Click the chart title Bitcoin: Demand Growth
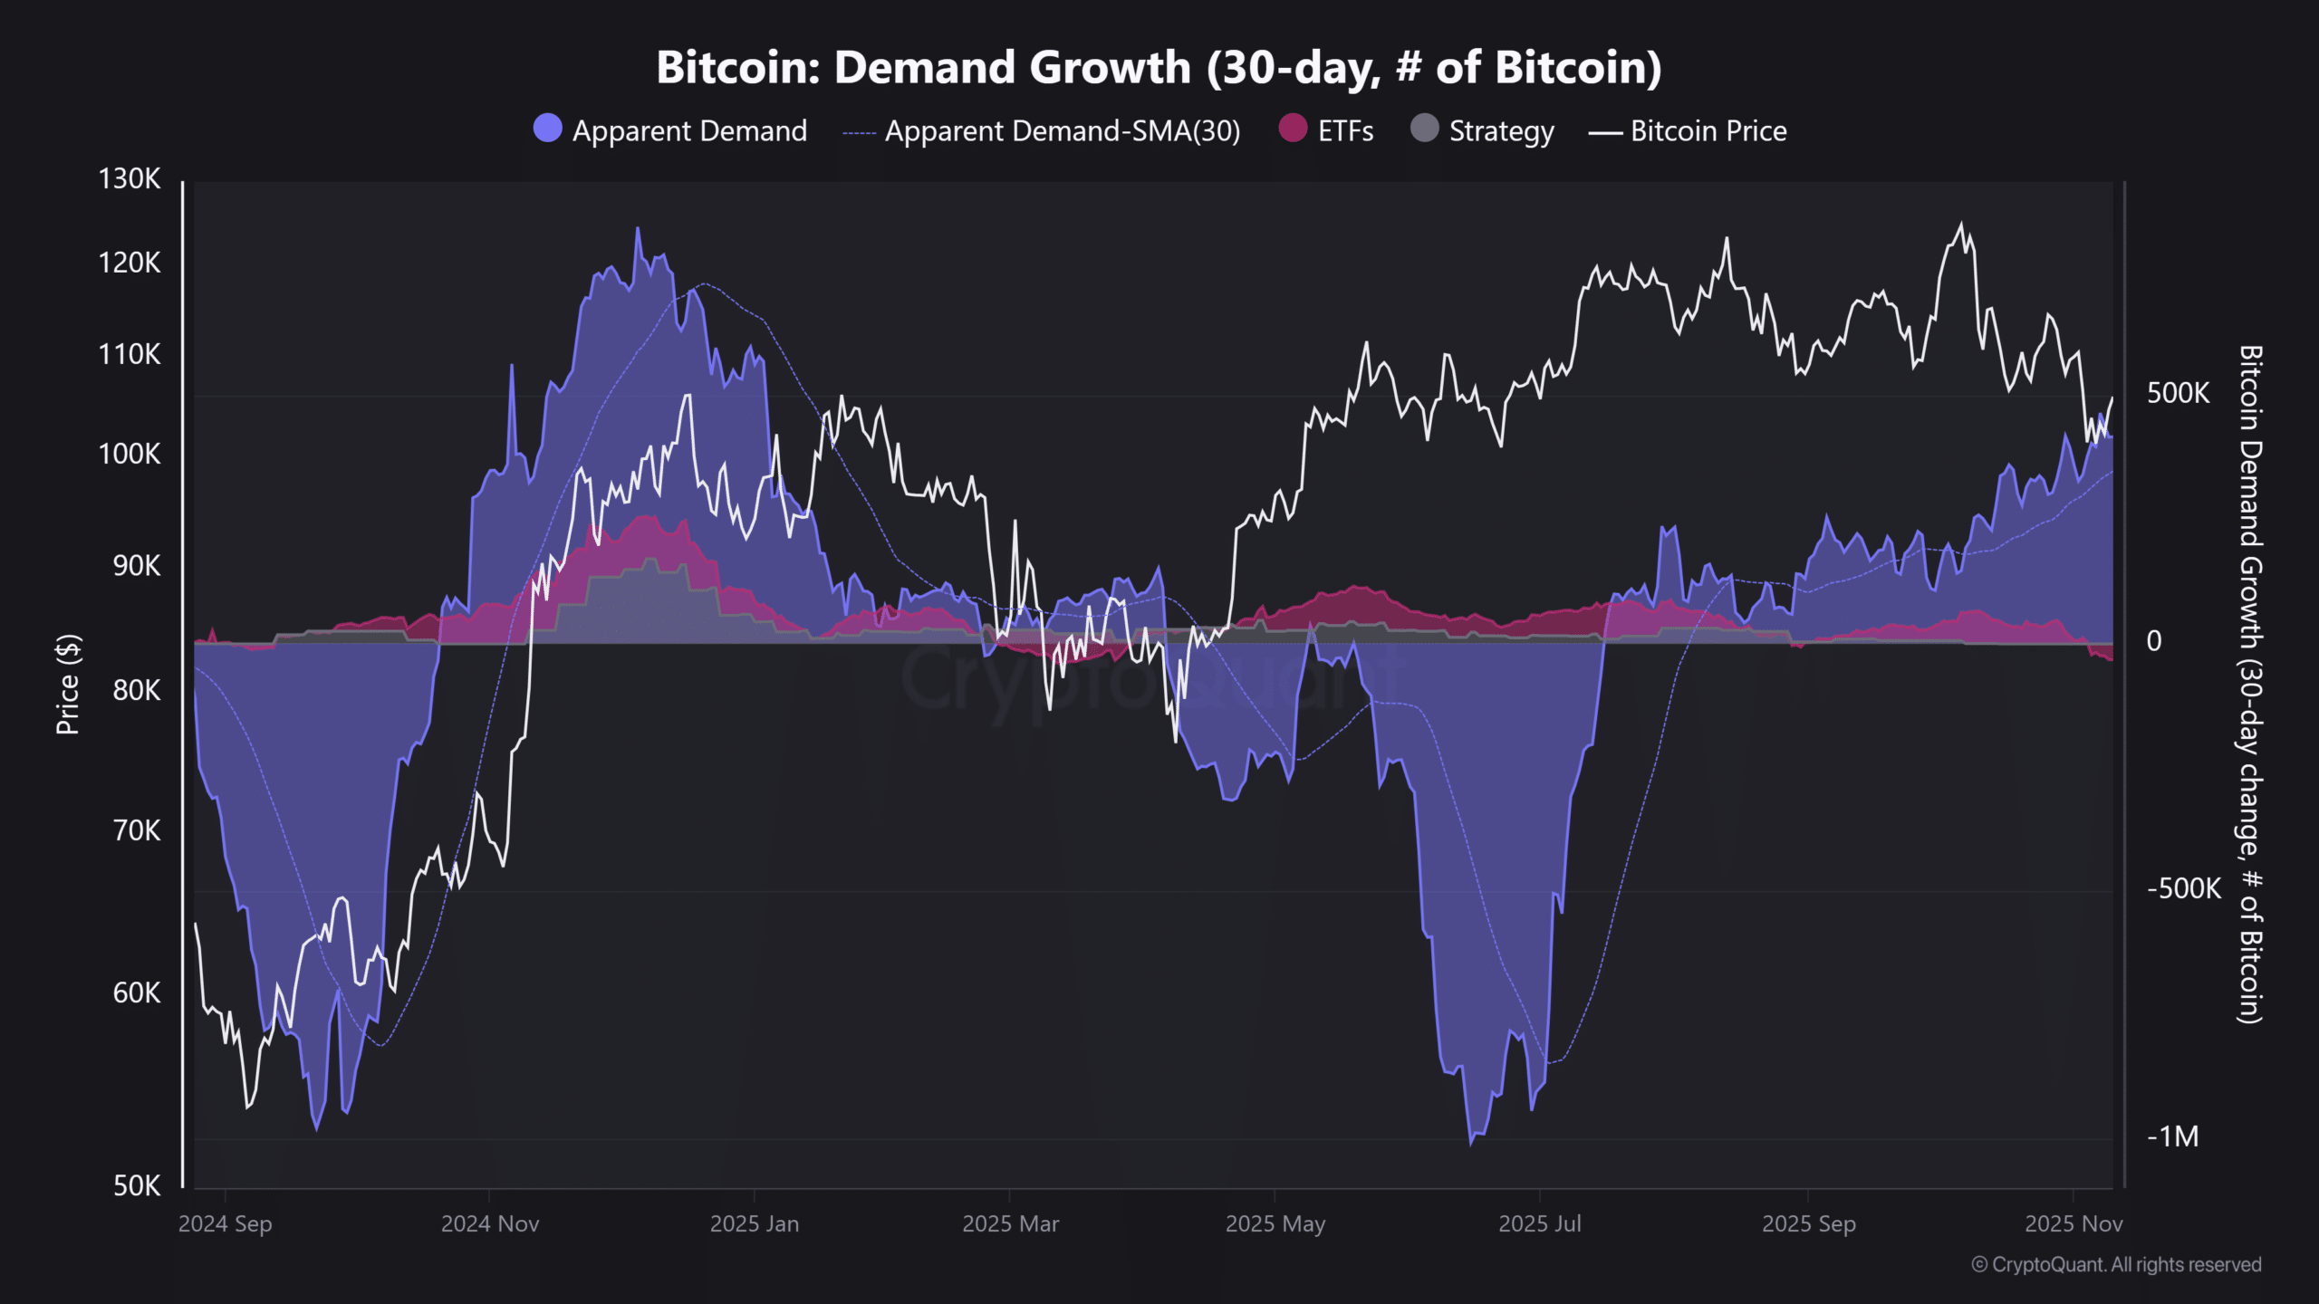(1159, 68)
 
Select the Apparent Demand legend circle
(548, 129)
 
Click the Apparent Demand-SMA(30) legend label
(1062, 131)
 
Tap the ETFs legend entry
(1344, 131)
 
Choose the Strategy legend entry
(1500, 131)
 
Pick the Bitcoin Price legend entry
(1708, 131)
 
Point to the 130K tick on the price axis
(130, 179)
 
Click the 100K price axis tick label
(130, 454)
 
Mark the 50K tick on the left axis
(136, 1185)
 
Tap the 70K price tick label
(136, 830)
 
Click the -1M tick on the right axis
(2172, 1136)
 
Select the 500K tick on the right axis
(2178, 393)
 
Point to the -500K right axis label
(2183, 888)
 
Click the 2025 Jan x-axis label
(754, 1224)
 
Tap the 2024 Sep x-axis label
(225, 1224)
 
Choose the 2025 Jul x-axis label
(1539, 1224)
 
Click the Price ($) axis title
(68, 685)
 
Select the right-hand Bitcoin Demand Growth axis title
(2250, 685)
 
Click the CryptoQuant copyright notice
(2116, 1265)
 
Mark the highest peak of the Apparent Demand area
(638, 230)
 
